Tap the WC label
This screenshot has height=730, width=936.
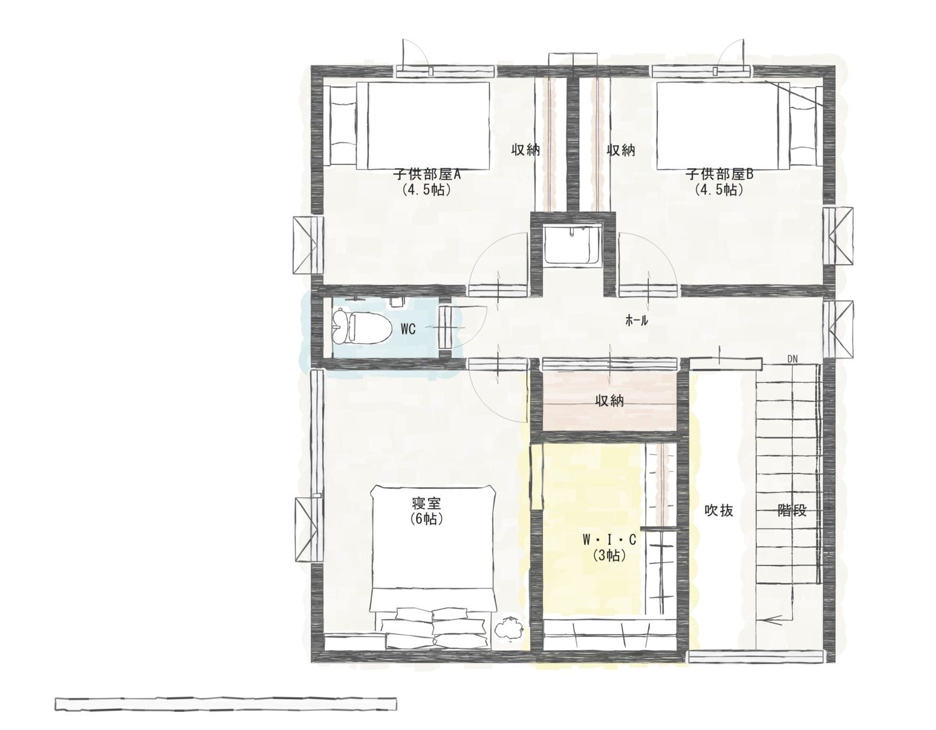tap(408, 330)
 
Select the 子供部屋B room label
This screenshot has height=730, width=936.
tap(720, 175)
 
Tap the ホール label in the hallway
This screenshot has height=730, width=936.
tap(637, 321)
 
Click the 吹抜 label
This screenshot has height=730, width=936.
tap(719, 511)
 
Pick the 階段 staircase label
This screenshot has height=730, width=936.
tap(791, 511)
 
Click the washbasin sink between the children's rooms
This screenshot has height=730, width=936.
tap(571, 246)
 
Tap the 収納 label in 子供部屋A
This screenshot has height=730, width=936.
tap(525, 150)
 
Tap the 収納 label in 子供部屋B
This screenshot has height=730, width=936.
tap(621, 150)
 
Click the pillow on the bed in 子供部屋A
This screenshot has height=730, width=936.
tap(343, 125)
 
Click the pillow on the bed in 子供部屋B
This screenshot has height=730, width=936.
tap(804, 125)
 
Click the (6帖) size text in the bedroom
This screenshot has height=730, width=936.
tap(427, 519)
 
